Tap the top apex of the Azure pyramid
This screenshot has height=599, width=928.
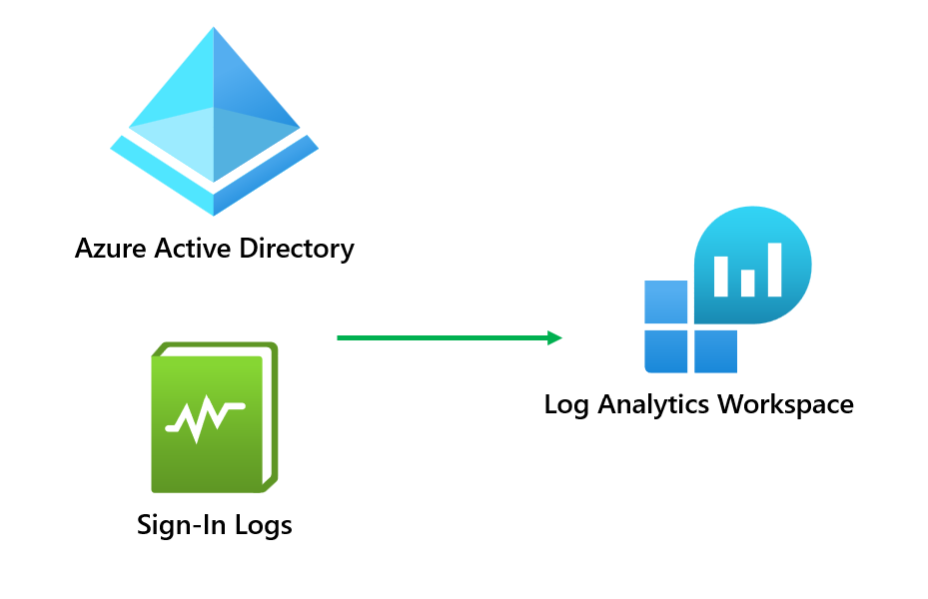tap(214, 32)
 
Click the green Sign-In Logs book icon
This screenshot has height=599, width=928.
tap(214, 417)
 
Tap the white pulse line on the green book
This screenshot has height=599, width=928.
tap(205, 416)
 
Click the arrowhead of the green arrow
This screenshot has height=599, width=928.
tap(555, 337)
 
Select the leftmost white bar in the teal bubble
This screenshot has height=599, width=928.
tap(721, 276)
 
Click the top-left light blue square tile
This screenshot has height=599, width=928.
tap(665, 301)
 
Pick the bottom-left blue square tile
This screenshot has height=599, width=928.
tap(665, 351)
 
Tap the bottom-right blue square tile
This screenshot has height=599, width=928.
tap(715, 351)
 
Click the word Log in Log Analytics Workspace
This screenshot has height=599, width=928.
tap(565, 404)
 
